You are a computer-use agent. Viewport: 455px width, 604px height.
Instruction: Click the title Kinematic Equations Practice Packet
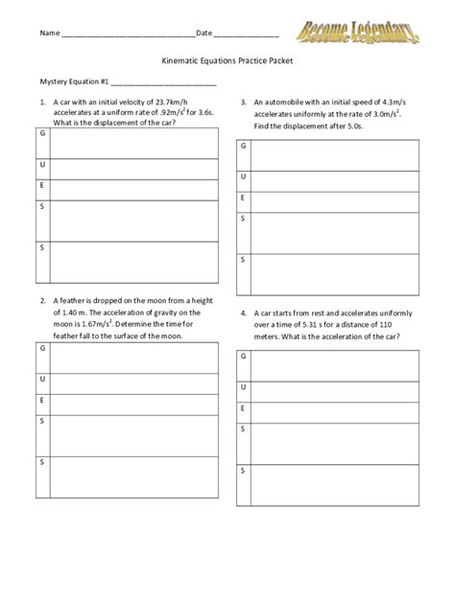(x=227, y=59)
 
